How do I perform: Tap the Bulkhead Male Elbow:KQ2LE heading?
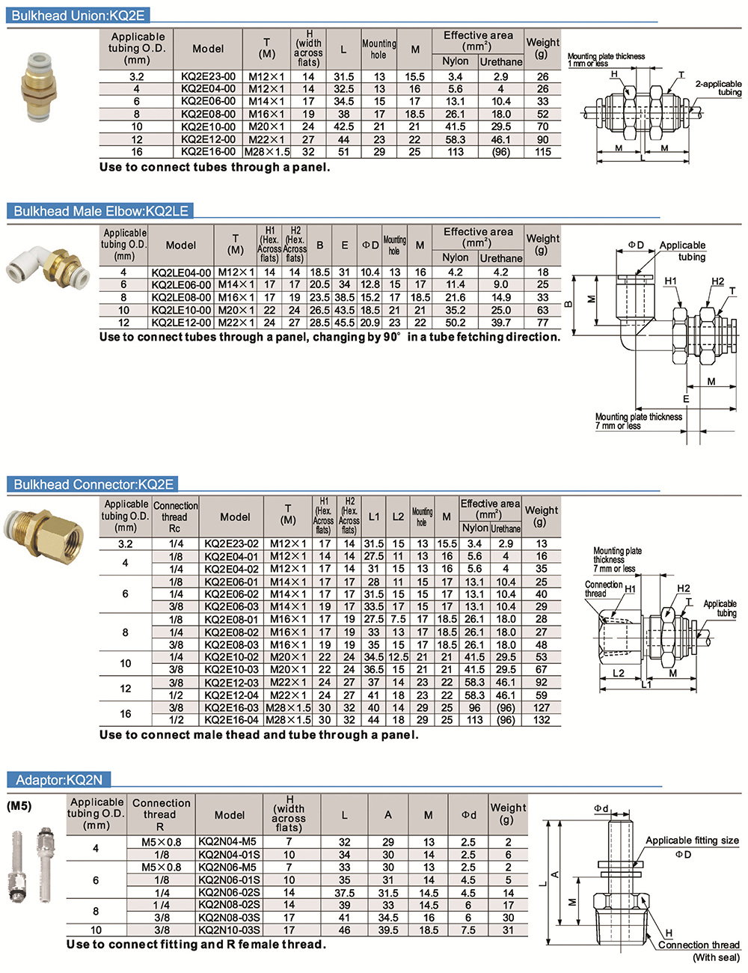[x=101, y=211]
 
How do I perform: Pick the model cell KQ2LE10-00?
[x=181, y=311]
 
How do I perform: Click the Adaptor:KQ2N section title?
[x=59, y=781]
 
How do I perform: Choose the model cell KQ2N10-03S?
[x=229, y=930]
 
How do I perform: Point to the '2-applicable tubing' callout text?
[x=718, y=88]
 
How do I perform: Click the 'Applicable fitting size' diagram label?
[x=692, y=841]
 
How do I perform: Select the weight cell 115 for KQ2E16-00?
[x=542, y=152]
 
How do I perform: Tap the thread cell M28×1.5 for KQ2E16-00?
[x=266, y=152]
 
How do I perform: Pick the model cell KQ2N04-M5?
[x=229, y=842]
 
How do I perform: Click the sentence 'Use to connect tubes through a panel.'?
[x=215, y=168]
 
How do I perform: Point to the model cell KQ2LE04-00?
[x=181, y=273]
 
